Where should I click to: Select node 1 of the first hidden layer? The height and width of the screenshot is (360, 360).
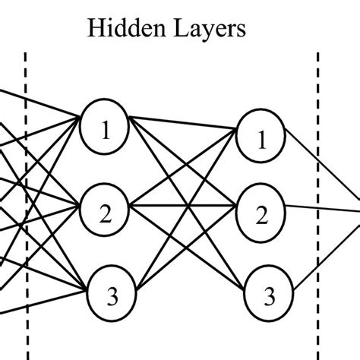click(106, 130)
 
